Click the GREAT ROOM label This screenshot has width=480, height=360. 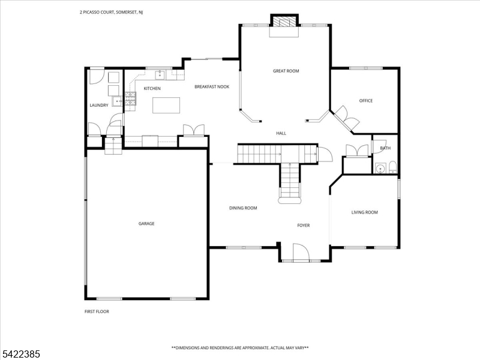click(286, 71)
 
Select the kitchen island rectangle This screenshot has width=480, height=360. click(166, 105)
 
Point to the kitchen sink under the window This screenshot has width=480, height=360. click(160, 75)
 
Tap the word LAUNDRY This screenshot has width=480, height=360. click(99, 105)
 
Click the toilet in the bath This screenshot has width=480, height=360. click(392, 166)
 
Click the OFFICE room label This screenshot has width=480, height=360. click(366, 100)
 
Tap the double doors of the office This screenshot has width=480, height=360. click(347, 118)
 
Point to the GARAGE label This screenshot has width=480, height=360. click(146, 223)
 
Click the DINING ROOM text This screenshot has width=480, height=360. click(243, 208)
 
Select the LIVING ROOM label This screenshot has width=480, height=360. click(364, 212)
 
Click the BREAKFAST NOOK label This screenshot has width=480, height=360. click(212, 86)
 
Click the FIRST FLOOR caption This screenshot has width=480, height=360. click(97, 311)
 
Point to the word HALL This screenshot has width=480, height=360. click(281, 133)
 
